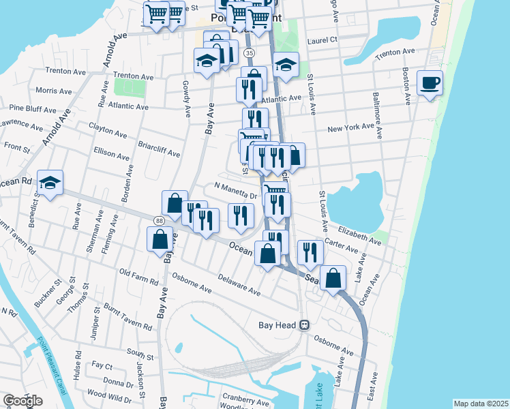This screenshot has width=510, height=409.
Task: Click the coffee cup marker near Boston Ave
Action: point(430,84)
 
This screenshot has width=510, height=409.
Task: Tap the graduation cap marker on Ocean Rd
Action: point(50,183)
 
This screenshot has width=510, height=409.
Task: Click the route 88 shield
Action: point(159,220)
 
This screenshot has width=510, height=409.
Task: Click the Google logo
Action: point(22,401)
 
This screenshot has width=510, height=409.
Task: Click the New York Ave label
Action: point(352,128)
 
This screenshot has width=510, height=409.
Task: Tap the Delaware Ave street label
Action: point(239,286)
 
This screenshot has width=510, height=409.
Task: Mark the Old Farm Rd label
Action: point(138,277)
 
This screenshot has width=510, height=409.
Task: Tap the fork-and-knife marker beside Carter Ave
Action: point(310,252)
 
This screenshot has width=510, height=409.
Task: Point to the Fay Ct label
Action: point(102,366)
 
